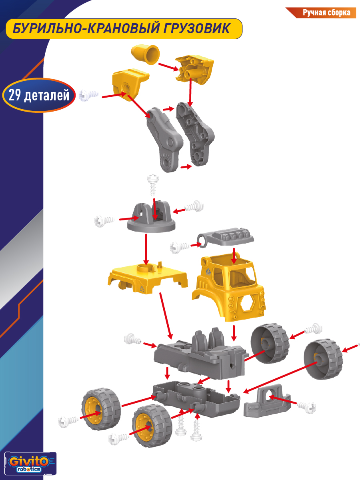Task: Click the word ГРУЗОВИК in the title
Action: [x=197, y=29]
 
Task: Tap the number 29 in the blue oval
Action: [x=15, y=95]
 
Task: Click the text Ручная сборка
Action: [x=326, y=13]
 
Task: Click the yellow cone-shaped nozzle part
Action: [x=145, y=55]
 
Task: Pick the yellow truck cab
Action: [x=229, y=287]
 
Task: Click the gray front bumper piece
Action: [x=267, y=401]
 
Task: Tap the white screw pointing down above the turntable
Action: [x=153, y=185]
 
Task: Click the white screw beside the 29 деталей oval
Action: [x=88, y=95]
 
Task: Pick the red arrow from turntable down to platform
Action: [x=146, y=250]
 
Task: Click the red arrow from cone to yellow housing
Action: [x=168, y=67]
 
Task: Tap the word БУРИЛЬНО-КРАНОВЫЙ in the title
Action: [x=86, y=29]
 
